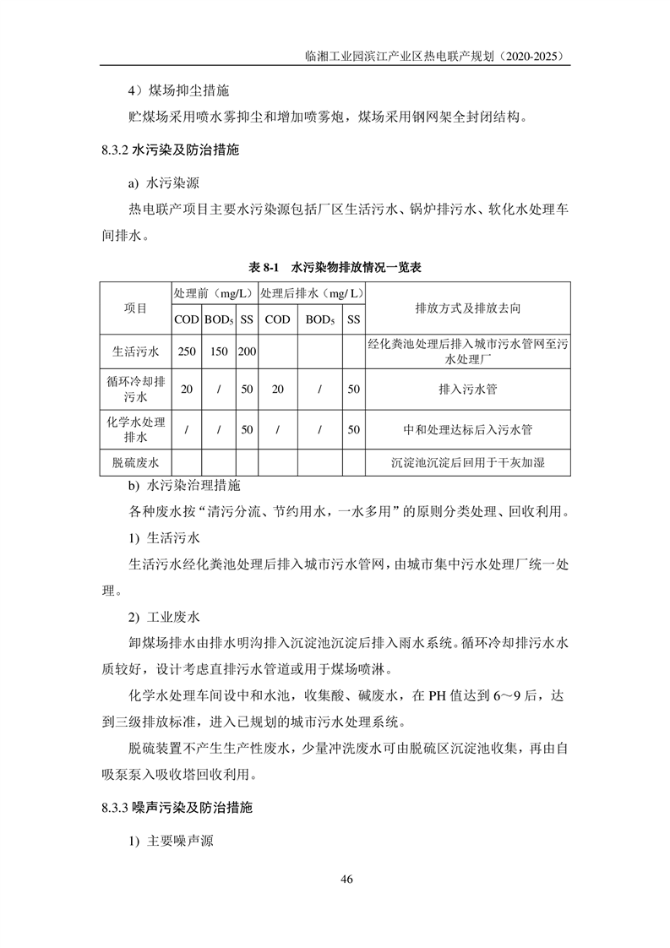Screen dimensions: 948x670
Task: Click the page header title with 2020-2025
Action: click(x=437, y=56)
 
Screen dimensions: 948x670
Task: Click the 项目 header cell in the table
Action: click(x=136, y=308)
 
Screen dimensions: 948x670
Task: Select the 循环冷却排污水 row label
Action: click(x=136, y=390)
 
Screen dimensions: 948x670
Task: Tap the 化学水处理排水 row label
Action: click(x=136, y=430)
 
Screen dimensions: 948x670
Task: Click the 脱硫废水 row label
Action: click(x=136, y=463)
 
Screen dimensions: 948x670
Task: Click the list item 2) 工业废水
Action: click(x=163, y=617)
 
